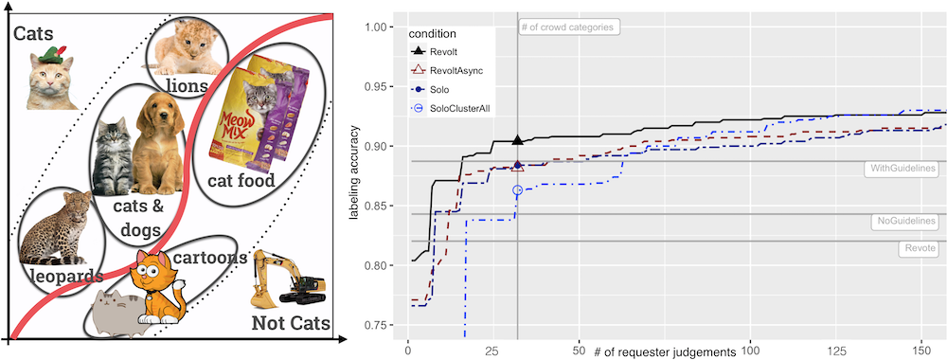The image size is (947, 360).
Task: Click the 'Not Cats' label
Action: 290,324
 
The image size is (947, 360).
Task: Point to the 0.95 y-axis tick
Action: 381,86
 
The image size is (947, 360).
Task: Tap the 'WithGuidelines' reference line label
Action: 901,169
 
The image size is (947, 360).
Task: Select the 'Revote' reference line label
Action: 918,247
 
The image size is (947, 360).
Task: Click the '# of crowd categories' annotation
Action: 569,27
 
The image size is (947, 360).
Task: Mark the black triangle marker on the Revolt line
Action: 517,139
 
